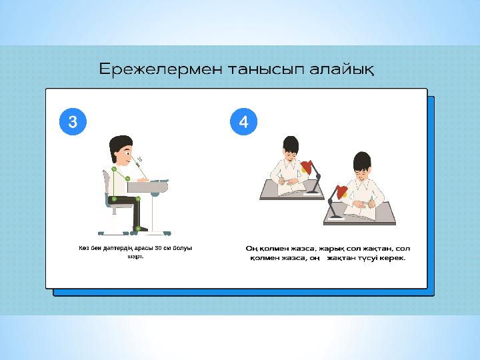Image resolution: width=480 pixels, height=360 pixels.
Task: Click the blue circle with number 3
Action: click(x=73, y=121)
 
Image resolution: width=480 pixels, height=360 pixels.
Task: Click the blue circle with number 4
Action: click(x=244, y=121)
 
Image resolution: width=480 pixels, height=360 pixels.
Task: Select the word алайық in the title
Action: click(x=341, y=70)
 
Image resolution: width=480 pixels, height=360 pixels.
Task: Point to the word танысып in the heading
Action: click(x=266, y=70)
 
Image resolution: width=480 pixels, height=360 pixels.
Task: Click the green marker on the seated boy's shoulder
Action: click(x=114, y=169)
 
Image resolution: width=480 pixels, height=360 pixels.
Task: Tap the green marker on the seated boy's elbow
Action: click(x=127, y=179)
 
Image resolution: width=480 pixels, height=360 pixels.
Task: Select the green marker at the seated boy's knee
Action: click(x=138, y=199)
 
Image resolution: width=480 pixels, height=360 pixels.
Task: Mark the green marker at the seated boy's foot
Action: click(x=138, y=229)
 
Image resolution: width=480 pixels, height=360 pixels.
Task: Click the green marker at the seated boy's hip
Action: click(x=114, y=199)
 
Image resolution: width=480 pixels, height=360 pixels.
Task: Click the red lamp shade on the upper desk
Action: click(x=307, y=167)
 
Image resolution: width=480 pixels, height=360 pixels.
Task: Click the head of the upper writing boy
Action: click(x=291, y=148)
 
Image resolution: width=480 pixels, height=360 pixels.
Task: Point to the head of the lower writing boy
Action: click(x=362, y=165)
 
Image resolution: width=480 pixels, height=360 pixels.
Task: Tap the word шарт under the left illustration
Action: click(x=135, y=256)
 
